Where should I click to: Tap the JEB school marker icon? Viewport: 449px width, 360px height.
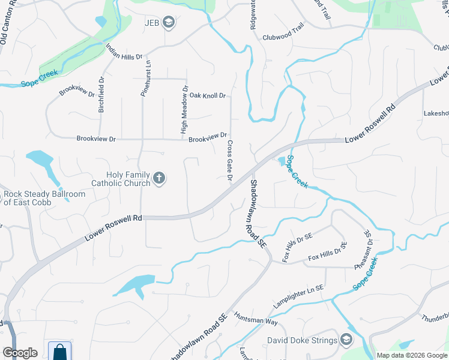(x=170, y=23)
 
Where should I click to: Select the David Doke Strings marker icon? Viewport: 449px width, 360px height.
(x=346, y=340)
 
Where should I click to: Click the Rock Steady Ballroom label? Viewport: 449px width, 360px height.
(x=44, y=198)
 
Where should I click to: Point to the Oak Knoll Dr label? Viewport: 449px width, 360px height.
(x=207, y=95)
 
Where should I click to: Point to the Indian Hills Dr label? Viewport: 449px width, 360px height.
(x=124, y=53)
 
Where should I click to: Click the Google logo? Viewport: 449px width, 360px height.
(x=20, y=352)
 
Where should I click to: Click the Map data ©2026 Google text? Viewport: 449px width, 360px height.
(x=411, y=355)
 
